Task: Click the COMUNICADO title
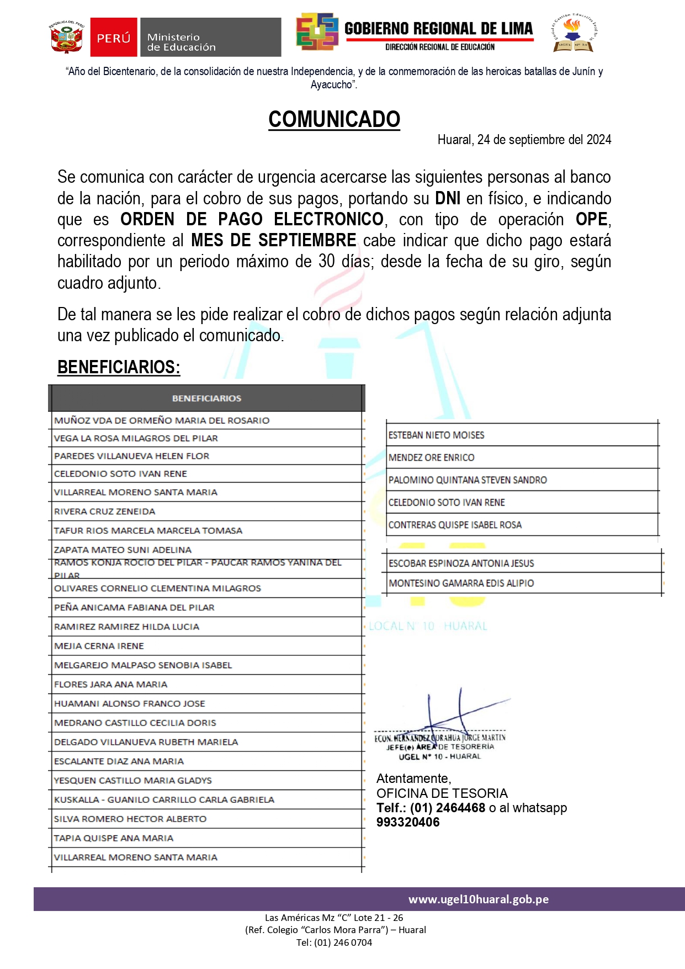coord(334,119)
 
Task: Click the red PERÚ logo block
coord(114,38)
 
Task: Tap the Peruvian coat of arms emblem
coord(67,38)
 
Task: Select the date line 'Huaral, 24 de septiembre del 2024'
coord(524,140)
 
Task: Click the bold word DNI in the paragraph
coord(447,198)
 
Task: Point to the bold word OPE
coord(591,219)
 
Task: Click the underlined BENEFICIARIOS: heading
coord(119,367)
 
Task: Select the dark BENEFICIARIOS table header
coord(206,398)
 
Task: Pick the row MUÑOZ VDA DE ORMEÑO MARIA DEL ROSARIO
coord(162,421)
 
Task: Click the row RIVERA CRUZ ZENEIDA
coord(105,512)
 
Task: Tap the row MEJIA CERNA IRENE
coord(99,646)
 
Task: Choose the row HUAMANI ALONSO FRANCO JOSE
coord(130,704)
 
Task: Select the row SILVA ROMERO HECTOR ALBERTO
coord(130,819)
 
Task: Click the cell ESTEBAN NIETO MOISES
coord(436,435)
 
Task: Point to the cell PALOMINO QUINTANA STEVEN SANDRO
coord(468,480)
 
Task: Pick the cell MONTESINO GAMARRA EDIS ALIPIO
coord(461,583)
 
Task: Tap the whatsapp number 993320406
coord(408,822)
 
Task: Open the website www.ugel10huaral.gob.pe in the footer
coord(479,899)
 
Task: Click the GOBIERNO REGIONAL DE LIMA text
coord(439,29)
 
